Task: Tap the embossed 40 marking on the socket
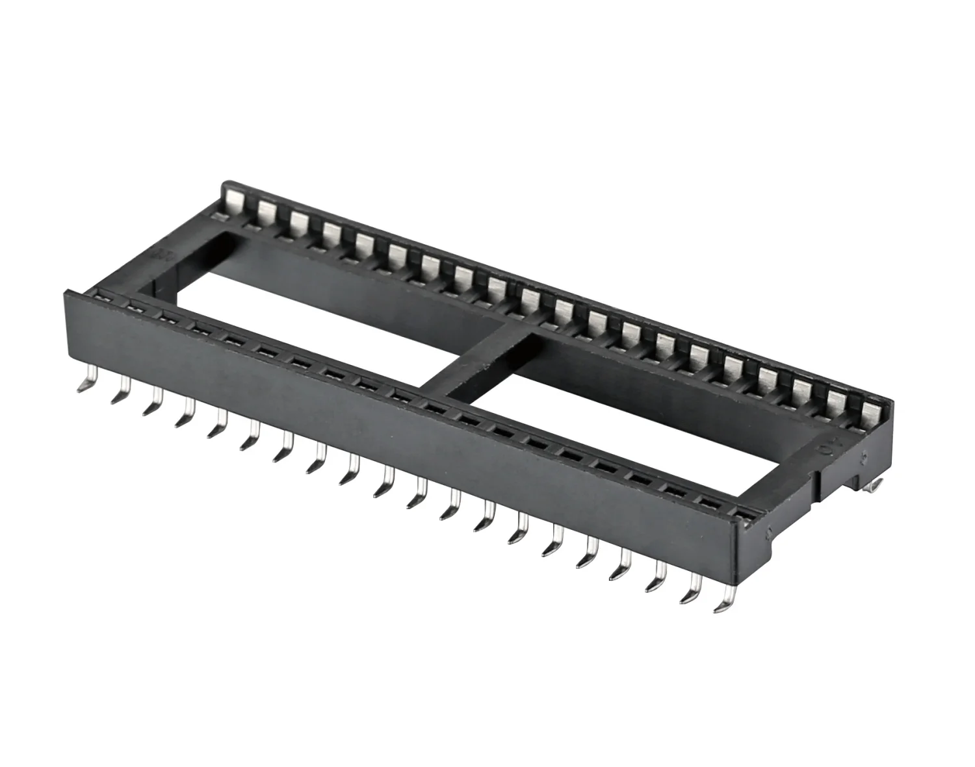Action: pos(820,451)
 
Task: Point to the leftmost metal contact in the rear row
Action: pos(234,200)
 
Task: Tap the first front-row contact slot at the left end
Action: pos(104,297)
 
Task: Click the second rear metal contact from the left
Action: pos(266,210)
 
